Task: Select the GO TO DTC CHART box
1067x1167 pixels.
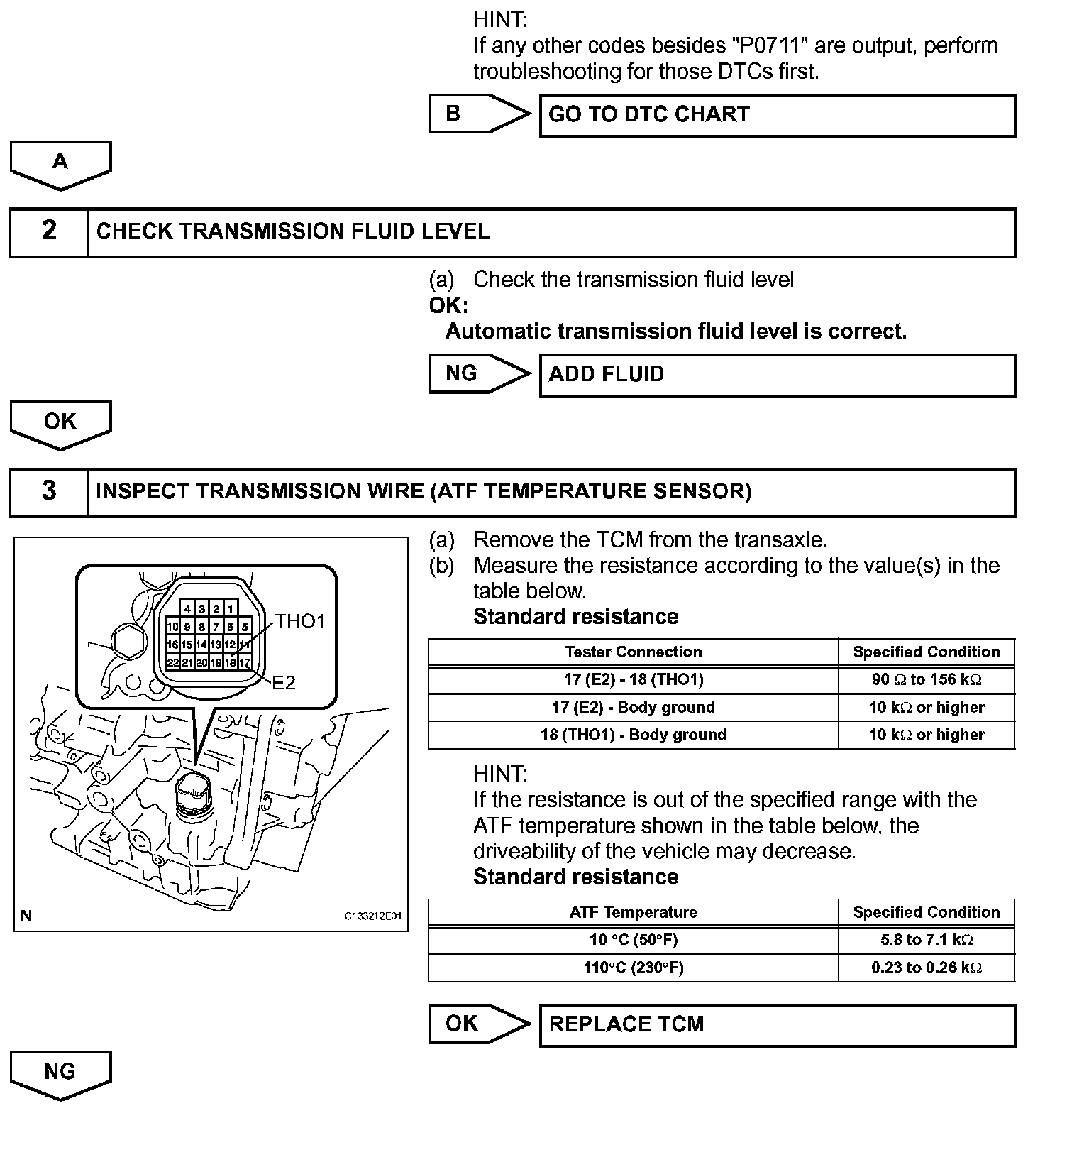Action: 777,115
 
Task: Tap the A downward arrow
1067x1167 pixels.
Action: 60,164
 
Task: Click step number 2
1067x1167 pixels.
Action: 49,231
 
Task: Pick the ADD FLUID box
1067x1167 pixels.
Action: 777,375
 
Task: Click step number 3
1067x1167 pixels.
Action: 49,491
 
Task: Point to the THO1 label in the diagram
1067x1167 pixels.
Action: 299,622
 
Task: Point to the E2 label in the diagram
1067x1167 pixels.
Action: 284,683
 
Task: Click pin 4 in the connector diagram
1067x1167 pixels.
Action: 187,609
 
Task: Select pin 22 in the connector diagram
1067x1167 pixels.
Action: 172,663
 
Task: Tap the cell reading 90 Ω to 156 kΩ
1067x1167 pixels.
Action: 927,680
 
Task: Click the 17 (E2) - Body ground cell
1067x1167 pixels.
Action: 633,708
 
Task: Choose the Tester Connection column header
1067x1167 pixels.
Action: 633,652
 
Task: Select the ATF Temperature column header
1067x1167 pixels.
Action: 633,913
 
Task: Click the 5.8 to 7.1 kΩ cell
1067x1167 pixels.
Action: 927,941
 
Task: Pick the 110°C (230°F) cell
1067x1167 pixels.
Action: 633,968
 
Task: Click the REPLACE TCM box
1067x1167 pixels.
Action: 777,1025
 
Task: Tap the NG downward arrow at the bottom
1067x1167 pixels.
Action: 60,1074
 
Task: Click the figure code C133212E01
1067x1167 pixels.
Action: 373,916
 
